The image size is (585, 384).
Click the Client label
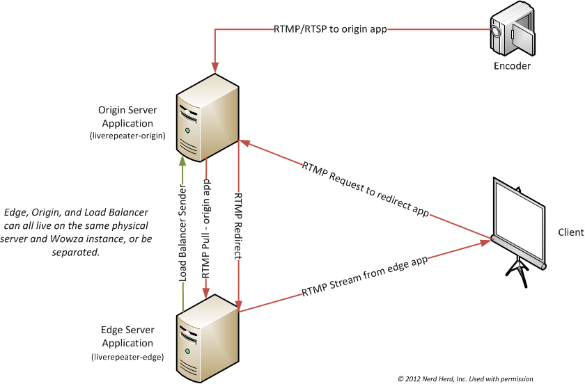(570, 232)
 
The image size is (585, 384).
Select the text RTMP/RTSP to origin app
(330, 29)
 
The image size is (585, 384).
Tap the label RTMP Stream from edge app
(364, 275)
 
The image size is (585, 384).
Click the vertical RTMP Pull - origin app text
(206, 230)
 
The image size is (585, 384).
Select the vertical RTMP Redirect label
(238, 225)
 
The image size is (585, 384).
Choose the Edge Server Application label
(127, 337)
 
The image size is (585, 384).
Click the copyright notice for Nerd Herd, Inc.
(465, 378)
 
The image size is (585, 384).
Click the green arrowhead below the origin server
(182, 159)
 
